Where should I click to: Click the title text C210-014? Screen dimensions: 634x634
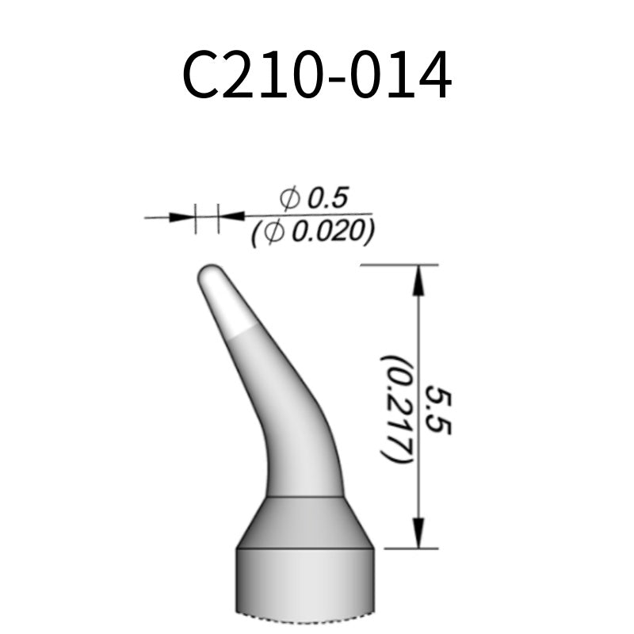point(317,77)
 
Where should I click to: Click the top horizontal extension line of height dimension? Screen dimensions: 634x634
point(396,265)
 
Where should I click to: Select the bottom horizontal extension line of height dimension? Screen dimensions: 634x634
point(408,548)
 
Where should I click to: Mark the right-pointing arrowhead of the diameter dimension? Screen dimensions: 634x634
point(183,216)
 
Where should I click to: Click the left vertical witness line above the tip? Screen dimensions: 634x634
point(196,218)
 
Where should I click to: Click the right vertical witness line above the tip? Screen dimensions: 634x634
point(217,218)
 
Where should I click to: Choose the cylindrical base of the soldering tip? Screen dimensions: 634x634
point(305,582)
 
